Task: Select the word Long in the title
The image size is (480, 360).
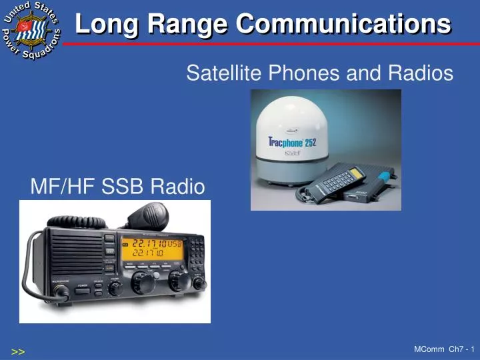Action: coord(108,24)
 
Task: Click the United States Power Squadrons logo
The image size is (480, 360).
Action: coord(31,31)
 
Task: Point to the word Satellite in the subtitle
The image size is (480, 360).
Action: coord(219,73)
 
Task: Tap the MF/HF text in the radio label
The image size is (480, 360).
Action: coord(63,187)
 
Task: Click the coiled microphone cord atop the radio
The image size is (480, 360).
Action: coord(80,221)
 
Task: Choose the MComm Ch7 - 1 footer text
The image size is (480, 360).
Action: coord(444,349)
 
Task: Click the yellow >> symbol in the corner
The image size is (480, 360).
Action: coord(18,351)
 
